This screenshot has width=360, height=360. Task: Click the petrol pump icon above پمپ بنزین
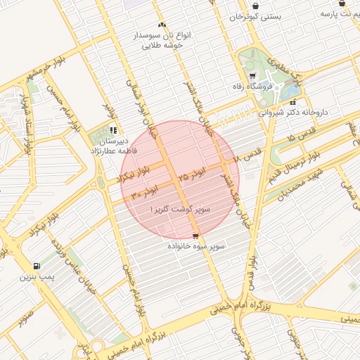36,266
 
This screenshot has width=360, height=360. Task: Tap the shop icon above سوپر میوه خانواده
195,235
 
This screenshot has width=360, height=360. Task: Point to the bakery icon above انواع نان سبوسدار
162,24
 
